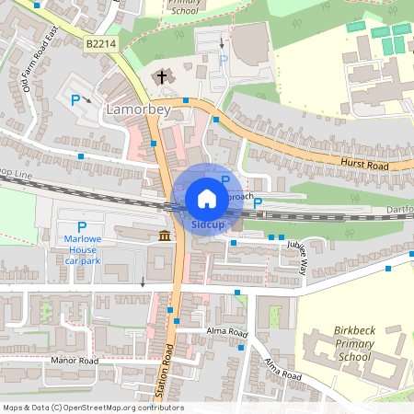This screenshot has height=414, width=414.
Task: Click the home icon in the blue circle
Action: point(207,199)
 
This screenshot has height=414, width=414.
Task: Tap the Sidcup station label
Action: point(207,224)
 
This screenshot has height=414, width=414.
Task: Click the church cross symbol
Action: point(162,77)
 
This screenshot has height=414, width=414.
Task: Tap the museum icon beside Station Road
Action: point(164,236)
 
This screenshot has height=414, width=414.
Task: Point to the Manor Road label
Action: point(75,362)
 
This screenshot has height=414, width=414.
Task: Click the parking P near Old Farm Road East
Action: point(75,98)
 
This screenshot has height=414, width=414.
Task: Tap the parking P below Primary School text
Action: point(223,60)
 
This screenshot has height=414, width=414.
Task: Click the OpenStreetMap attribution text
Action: point(92,408)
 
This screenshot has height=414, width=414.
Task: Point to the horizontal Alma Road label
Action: point(226,333)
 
